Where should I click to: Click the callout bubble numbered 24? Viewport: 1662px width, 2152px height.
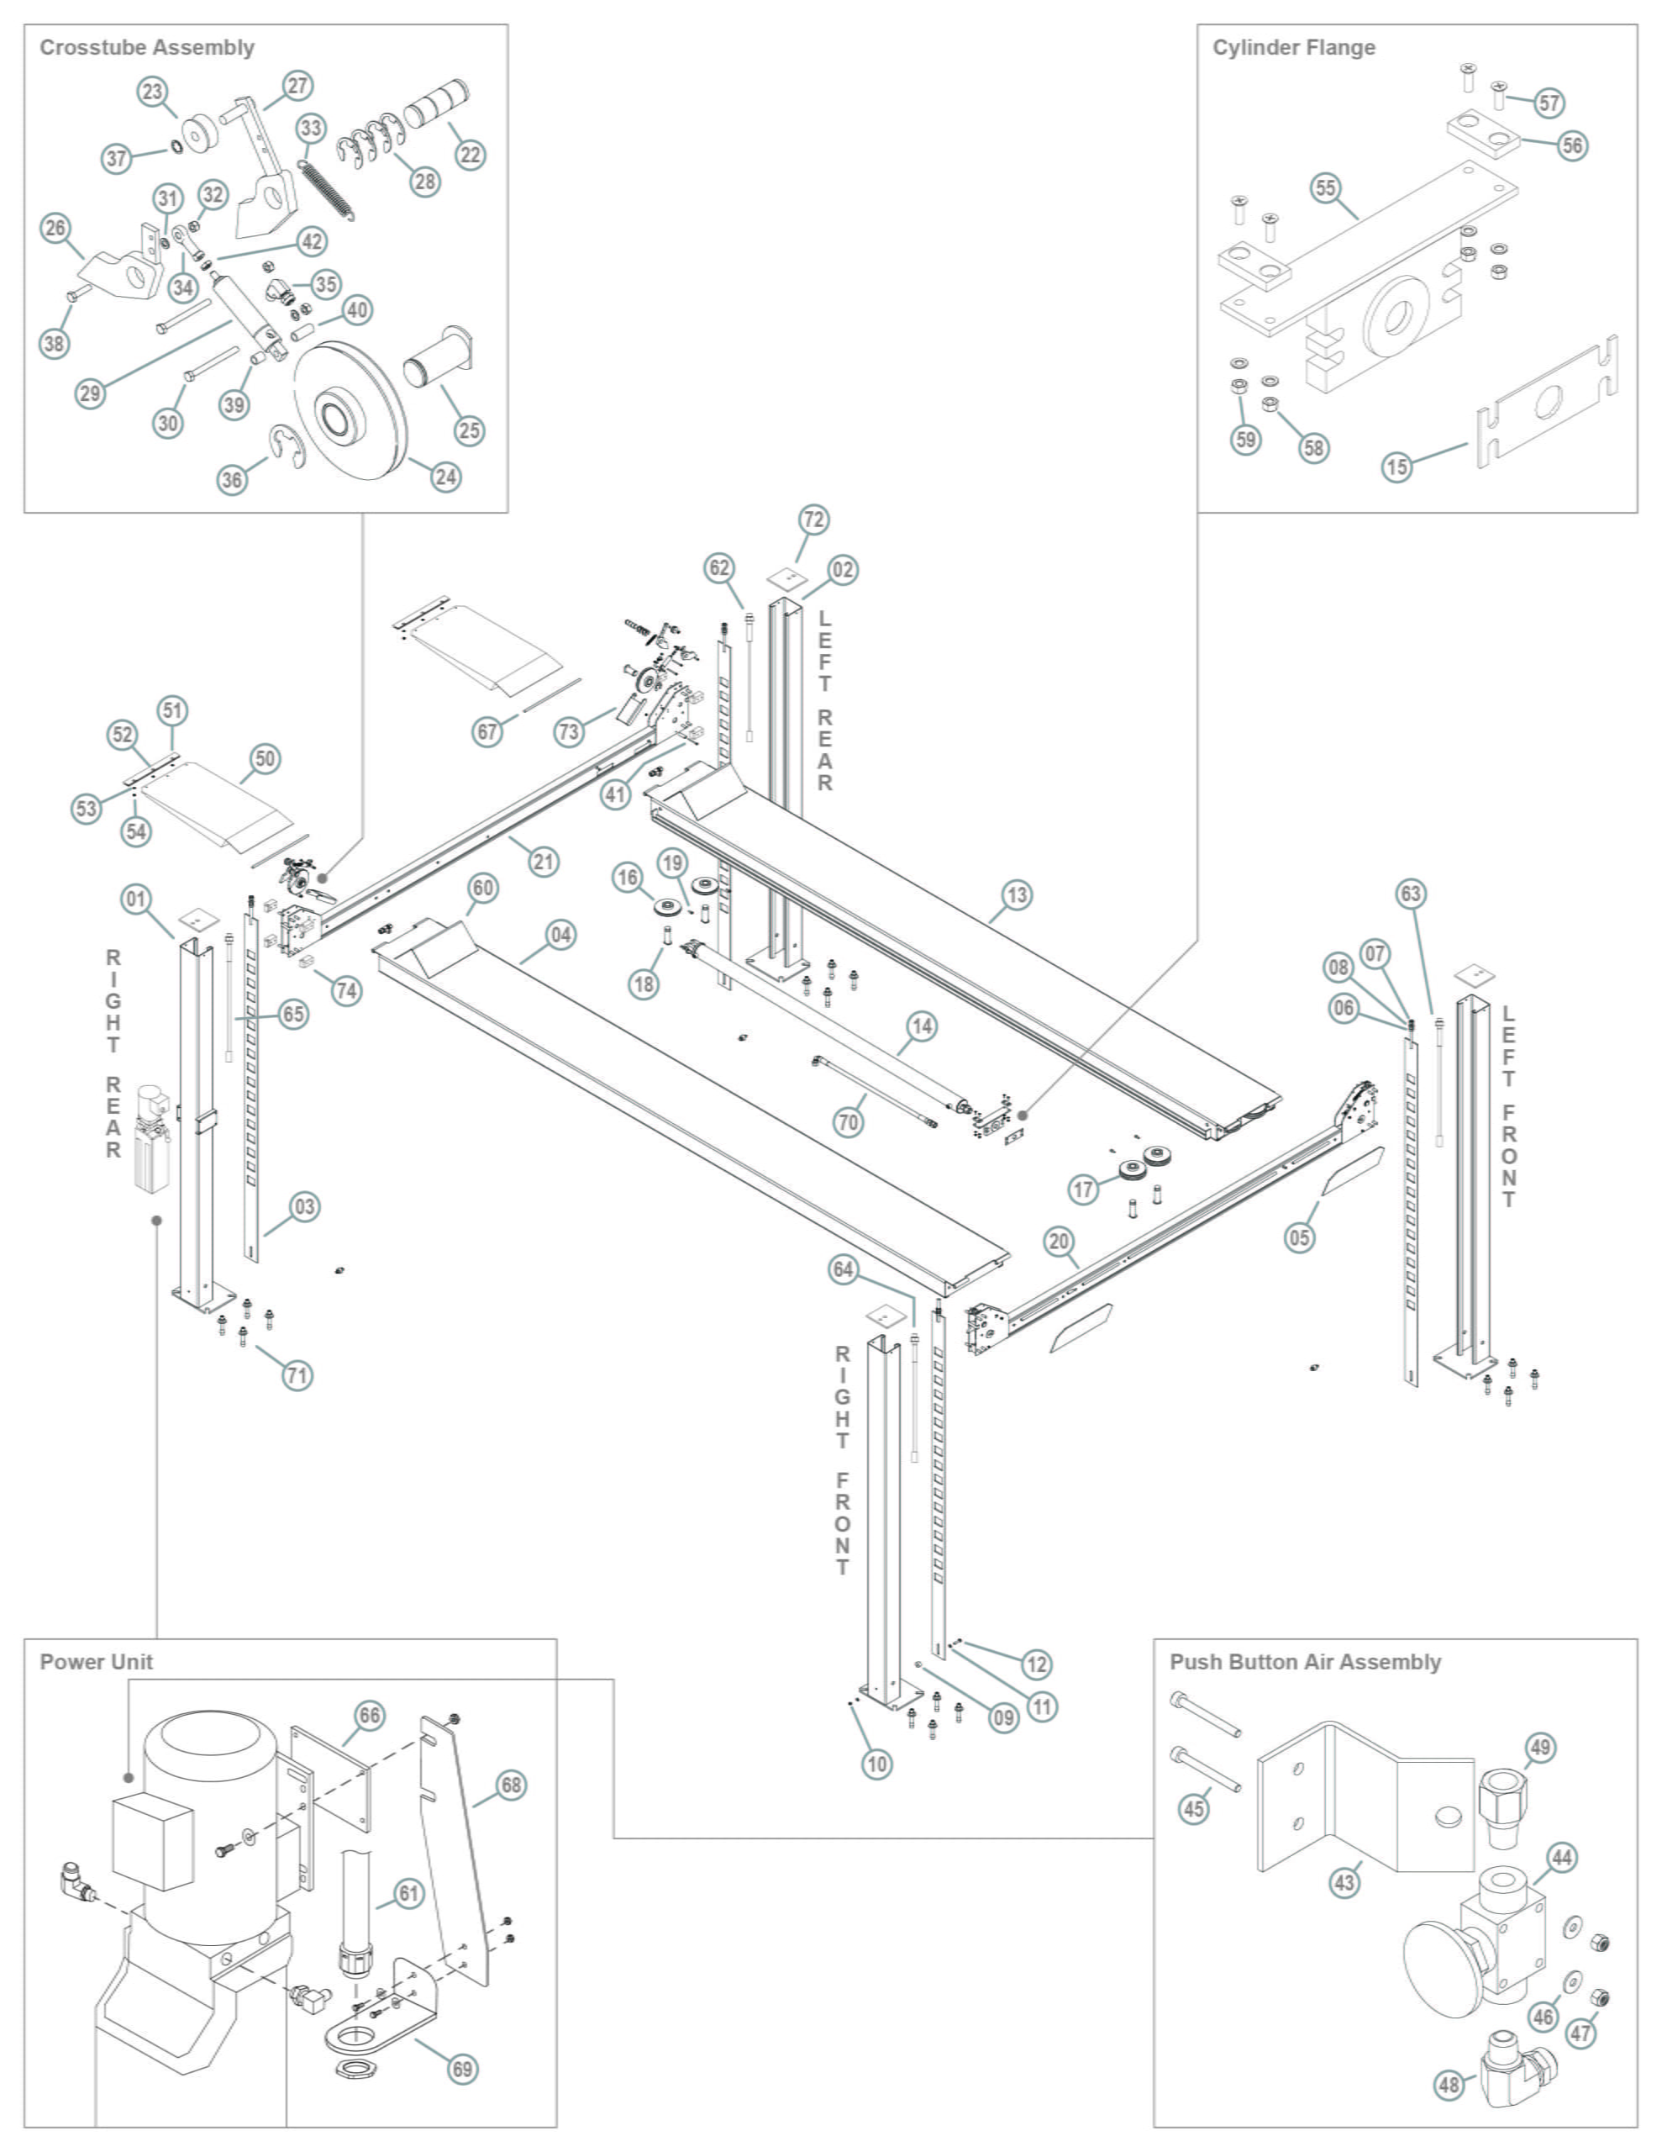446,477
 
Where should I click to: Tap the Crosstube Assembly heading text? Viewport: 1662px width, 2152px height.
147,47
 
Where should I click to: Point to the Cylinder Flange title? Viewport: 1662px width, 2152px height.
1292,47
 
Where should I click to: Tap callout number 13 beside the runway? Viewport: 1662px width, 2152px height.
1017,894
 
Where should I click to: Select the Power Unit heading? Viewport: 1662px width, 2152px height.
97,1661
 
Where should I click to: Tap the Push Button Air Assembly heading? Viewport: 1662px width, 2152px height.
1304,1661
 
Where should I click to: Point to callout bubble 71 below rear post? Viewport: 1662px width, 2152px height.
297,1374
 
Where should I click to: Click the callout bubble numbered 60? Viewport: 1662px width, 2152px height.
483,888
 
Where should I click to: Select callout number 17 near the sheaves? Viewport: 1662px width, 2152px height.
1084,1189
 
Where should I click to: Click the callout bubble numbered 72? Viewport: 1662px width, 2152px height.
813,519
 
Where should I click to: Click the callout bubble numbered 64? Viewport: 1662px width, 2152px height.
844,1269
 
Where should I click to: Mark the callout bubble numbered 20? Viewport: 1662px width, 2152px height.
1059,1241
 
